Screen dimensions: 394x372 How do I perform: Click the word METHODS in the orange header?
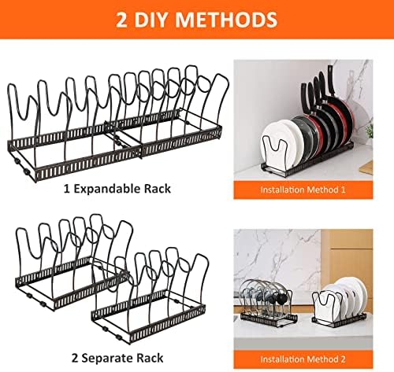click(226, 20)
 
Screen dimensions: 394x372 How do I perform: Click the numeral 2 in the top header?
click(121, 20)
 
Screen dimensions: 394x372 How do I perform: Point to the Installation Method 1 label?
click(303, 190)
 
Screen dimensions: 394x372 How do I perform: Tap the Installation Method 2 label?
click(303, 359)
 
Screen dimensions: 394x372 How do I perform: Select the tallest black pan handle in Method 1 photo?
click(330, 80)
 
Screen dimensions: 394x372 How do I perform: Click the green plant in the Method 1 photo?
click(370, 131)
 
